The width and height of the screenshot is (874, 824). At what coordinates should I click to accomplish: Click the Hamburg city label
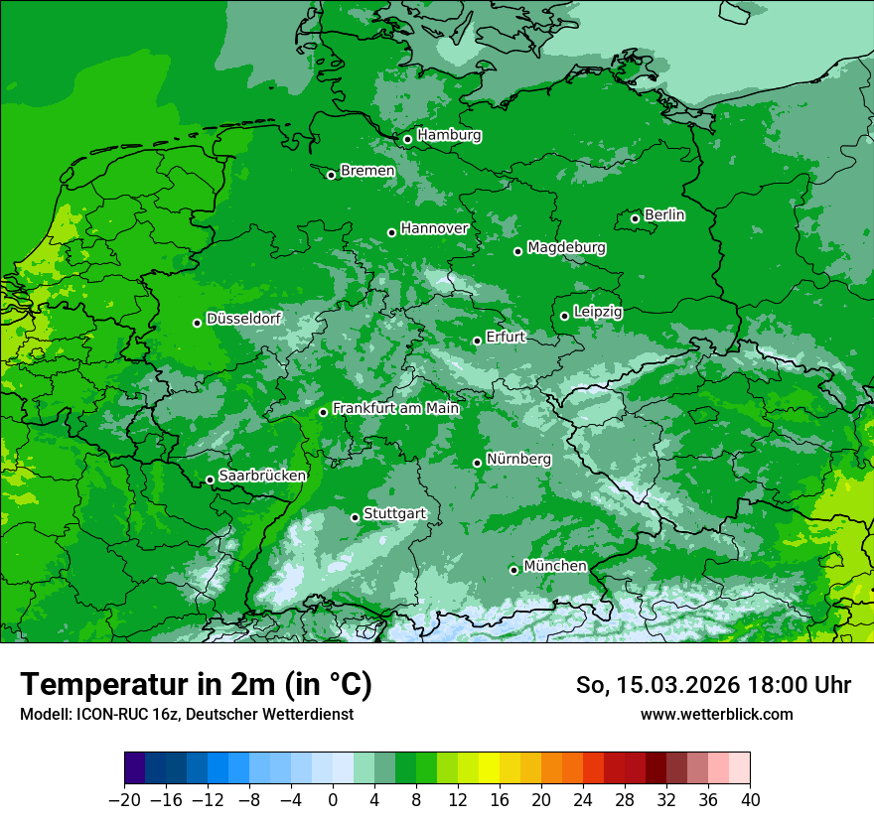(449, 135)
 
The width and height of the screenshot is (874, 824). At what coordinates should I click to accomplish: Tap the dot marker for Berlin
(635, 218)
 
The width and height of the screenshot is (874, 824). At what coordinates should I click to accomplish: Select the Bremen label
(367, 171)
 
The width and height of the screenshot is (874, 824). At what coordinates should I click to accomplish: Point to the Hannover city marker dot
(391, 232)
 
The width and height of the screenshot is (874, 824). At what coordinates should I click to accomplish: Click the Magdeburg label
(566, 247)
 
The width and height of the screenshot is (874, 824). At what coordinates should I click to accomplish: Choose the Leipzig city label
(598, 312)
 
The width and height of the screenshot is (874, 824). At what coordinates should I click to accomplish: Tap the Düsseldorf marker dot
(197, 323)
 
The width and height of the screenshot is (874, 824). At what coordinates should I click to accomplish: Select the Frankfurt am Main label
(395, 408)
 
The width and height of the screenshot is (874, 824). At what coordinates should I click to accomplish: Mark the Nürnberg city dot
(477, 463)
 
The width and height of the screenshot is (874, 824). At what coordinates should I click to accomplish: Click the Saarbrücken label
(262, 476)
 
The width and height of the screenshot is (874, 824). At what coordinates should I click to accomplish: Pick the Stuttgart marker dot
(355, 517)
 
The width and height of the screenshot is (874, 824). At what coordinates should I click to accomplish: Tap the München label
(554, 566)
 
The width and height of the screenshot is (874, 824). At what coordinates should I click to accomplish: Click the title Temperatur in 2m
(196, 684)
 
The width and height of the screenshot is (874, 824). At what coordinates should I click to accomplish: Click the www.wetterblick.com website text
(716, 714)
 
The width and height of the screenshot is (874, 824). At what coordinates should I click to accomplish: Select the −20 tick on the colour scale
(124, 799)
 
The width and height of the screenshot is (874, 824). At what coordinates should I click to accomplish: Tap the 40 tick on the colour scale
(750, 799)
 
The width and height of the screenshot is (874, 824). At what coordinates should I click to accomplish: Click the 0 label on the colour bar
(333, 799)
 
